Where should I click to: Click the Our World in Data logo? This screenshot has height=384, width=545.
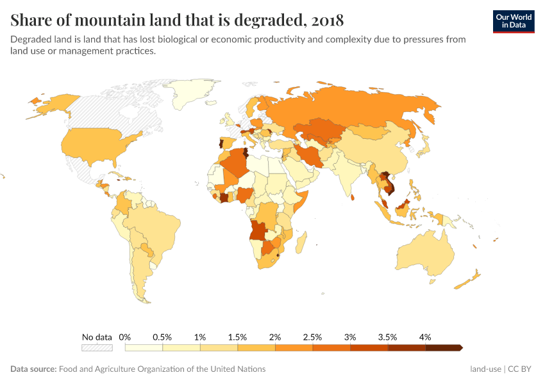514,20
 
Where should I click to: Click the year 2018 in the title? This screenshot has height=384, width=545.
326,19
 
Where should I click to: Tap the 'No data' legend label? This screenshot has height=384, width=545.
97,337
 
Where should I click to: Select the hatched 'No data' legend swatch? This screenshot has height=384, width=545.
97,348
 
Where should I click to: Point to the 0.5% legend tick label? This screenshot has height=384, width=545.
162,337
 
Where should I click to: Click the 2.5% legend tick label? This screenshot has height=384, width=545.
312,337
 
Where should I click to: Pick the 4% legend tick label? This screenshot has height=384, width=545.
425,337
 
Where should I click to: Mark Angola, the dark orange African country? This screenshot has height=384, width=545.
260,230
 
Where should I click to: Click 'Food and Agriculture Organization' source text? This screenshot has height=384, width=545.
162,369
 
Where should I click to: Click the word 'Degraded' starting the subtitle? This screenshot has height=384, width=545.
31,39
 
